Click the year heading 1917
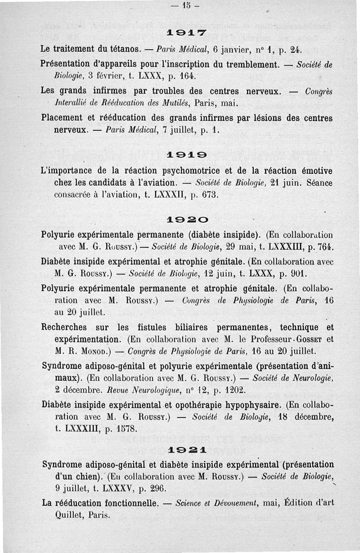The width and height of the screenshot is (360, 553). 180,33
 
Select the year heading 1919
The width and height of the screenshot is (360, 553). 180,155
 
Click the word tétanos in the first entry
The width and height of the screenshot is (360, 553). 124,48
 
